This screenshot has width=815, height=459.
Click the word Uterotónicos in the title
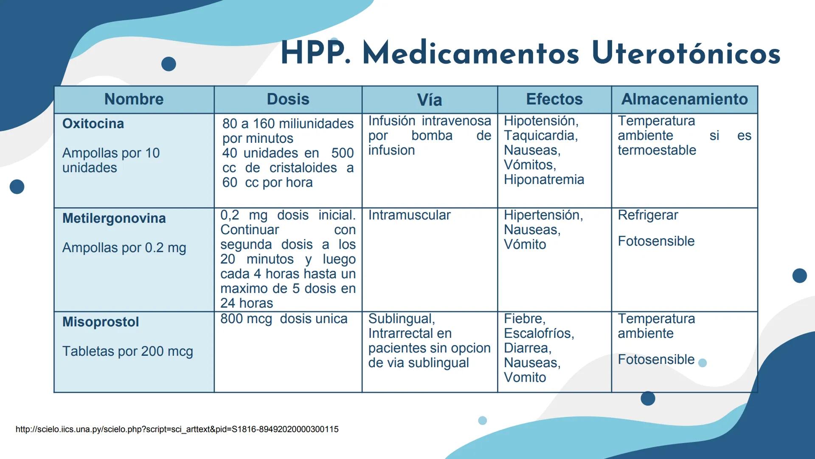tap(686, 54)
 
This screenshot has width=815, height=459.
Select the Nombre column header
tap(134, 99)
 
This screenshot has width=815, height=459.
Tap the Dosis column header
tap(288, 99)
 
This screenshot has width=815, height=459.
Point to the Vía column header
tap(429, 100)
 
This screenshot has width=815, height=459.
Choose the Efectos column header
tap(554, 99)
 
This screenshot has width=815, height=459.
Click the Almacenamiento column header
tap(684, 99)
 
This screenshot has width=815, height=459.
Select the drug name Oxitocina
tap(93, 124)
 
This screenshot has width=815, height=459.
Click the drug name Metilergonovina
tap(114, 218)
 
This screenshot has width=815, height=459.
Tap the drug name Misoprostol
tap(101, 322)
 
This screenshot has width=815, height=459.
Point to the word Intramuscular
tap(409, 215)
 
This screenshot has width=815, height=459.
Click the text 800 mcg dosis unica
tap(284, 319)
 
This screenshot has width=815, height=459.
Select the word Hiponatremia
tap(544, 180)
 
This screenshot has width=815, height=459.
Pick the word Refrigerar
tap(648, 215)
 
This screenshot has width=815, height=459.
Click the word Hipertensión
tap(543, 215)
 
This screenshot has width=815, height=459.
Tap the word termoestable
tap(657, 150)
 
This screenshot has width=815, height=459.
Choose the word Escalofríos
tap(539, 334)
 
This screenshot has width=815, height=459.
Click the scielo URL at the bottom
tap(177, 429)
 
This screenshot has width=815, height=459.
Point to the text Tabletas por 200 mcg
tap(127, 351)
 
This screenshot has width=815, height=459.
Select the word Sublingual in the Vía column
tap(401, 319)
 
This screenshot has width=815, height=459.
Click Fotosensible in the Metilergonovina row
tap(656, 241)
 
